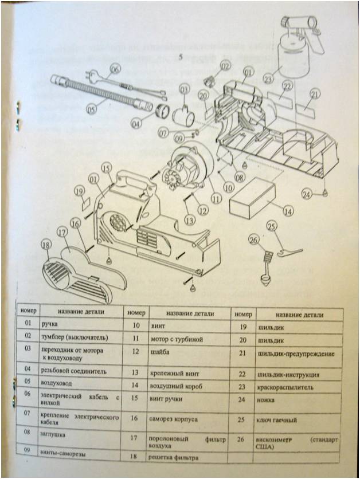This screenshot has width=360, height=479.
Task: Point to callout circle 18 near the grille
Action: (46, 245)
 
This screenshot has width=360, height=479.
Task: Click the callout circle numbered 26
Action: (253, 239)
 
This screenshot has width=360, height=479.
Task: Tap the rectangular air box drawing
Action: (254, 198)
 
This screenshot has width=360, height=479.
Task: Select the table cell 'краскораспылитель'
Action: (287, 387)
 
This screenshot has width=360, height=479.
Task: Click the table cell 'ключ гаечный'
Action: (277, 420)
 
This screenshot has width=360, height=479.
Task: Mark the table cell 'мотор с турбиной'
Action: (175, 338)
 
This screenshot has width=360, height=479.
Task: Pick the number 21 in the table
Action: (243, 354)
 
